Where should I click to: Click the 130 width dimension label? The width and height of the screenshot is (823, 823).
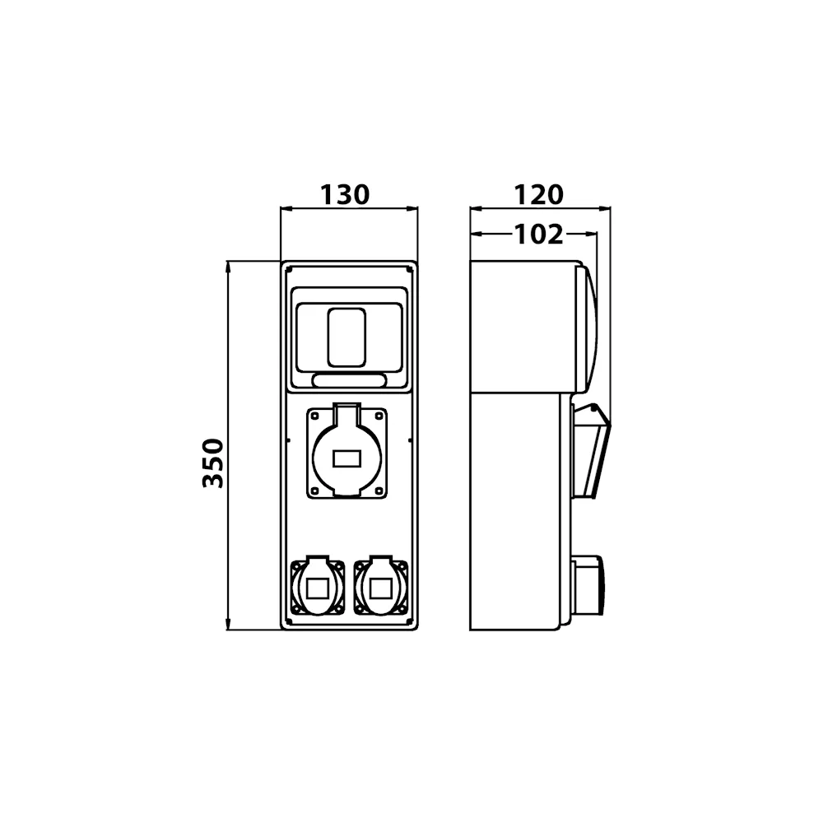tap(345, 195)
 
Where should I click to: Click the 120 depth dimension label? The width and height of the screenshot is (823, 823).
tap(538, 195)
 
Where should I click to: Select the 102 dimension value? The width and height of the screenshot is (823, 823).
tap(538, 234)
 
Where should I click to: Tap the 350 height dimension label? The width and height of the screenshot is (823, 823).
tap(214, 463)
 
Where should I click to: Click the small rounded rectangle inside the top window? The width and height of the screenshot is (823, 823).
tap(346, 337)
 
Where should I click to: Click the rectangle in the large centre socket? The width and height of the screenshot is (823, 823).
tap(347, 458)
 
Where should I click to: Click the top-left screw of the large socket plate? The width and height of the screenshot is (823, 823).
tap(315, 416)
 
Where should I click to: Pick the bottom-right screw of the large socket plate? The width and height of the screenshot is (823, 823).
tap(379, 491)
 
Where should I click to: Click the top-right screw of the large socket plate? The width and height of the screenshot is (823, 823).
tap(379, 416)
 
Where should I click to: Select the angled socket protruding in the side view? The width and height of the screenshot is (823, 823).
tap(591, 451)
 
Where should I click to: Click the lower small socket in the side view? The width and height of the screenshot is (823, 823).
tap(589, 586)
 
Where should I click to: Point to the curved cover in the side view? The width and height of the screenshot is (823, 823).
tap(587, 328)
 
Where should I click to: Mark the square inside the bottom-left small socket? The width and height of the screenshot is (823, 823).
tap(318, 589)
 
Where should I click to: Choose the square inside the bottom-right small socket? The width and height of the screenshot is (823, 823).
tap(381, 589)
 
